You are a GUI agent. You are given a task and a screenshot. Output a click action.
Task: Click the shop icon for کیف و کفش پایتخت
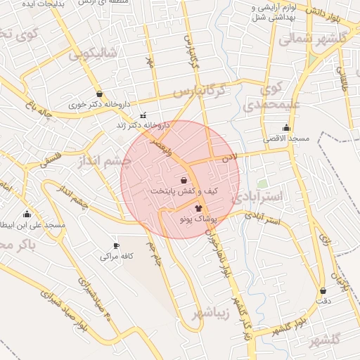(184, 180)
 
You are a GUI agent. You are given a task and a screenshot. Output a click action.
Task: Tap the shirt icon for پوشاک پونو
(198, 208)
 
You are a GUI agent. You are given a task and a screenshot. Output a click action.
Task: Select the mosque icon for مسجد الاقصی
(286, 128)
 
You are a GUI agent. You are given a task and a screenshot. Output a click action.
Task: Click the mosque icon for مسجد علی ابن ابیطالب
(27, 214)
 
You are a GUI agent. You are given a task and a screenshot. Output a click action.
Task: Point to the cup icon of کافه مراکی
(116, 245)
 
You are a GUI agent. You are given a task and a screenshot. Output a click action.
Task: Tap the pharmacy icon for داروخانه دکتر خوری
(99, 94)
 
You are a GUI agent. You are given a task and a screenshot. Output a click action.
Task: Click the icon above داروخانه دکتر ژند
(143, 115)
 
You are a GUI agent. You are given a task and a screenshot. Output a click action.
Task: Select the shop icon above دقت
(323, 290)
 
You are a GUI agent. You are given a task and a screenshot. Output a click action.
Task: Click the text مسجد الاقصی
(287, 139)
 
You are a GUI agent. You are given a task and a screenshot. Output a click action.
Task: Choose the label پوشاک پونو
(200, 220)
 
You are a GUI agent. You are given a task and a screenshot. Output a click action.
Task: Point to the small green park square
(262, 184)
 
